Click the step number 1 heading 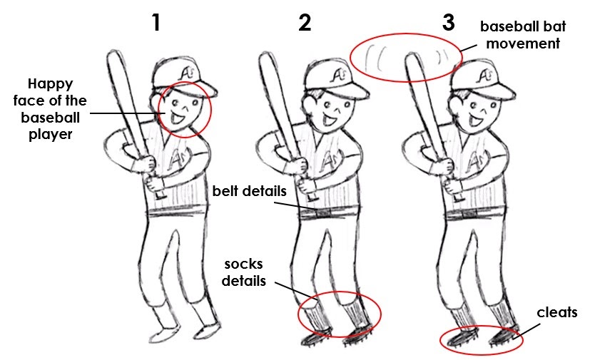click(156, 23)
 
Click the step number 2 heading click(305, 23)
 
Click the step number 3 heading click(448, 21)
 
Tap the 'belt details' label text click(250, 192)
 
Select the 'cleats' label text click(557, 312)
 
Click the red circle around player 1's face click(185, 108)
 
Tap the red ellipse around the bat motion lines click(404, 56)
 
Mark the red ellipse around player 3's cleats click(481, 339)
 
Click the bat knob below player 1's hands click(161, 194)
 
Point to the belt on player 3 click(474, 212)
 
